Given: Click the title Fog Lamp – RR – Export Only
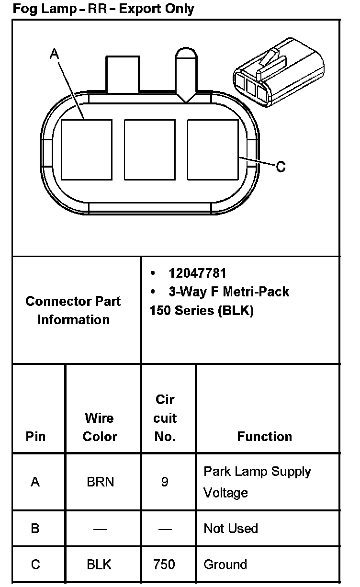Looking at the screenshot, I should (x=103, y=9).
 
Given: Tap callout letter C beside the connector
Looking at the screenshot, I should (x=281, y=166).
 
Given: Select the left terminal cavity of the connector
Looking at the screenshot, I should (x=87, y=149).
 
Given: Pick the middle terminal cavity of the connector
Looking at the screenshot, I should (x=149, y=149).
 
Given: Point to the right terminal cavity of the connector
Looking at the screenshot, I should (x=213, y=149).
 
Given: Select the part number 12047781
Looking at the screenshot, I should (x=197, y=273).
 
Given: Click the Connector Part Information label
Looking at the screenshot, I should (x=73, y=310).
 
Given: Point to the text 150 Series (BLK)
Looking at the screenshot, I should (x=202, y=310).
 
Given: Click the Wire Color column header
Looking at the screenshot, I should (x=100, y=427).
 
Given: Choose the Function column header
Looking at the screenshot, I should (x=264, y=436).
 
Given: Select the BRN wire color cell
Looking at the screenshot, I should (x=100, y=481).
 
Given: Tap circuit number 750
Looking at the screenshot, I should (x=164, y=564).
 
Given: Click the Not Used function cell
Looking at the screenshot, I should (x=231, y=528).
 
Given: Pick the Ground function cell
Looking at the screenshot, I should (x=225, y=564).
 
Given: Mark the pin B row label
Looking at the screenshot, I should (x=35, y=528).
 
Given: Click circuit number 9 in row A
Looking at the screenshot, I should (x=164, y=481).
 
